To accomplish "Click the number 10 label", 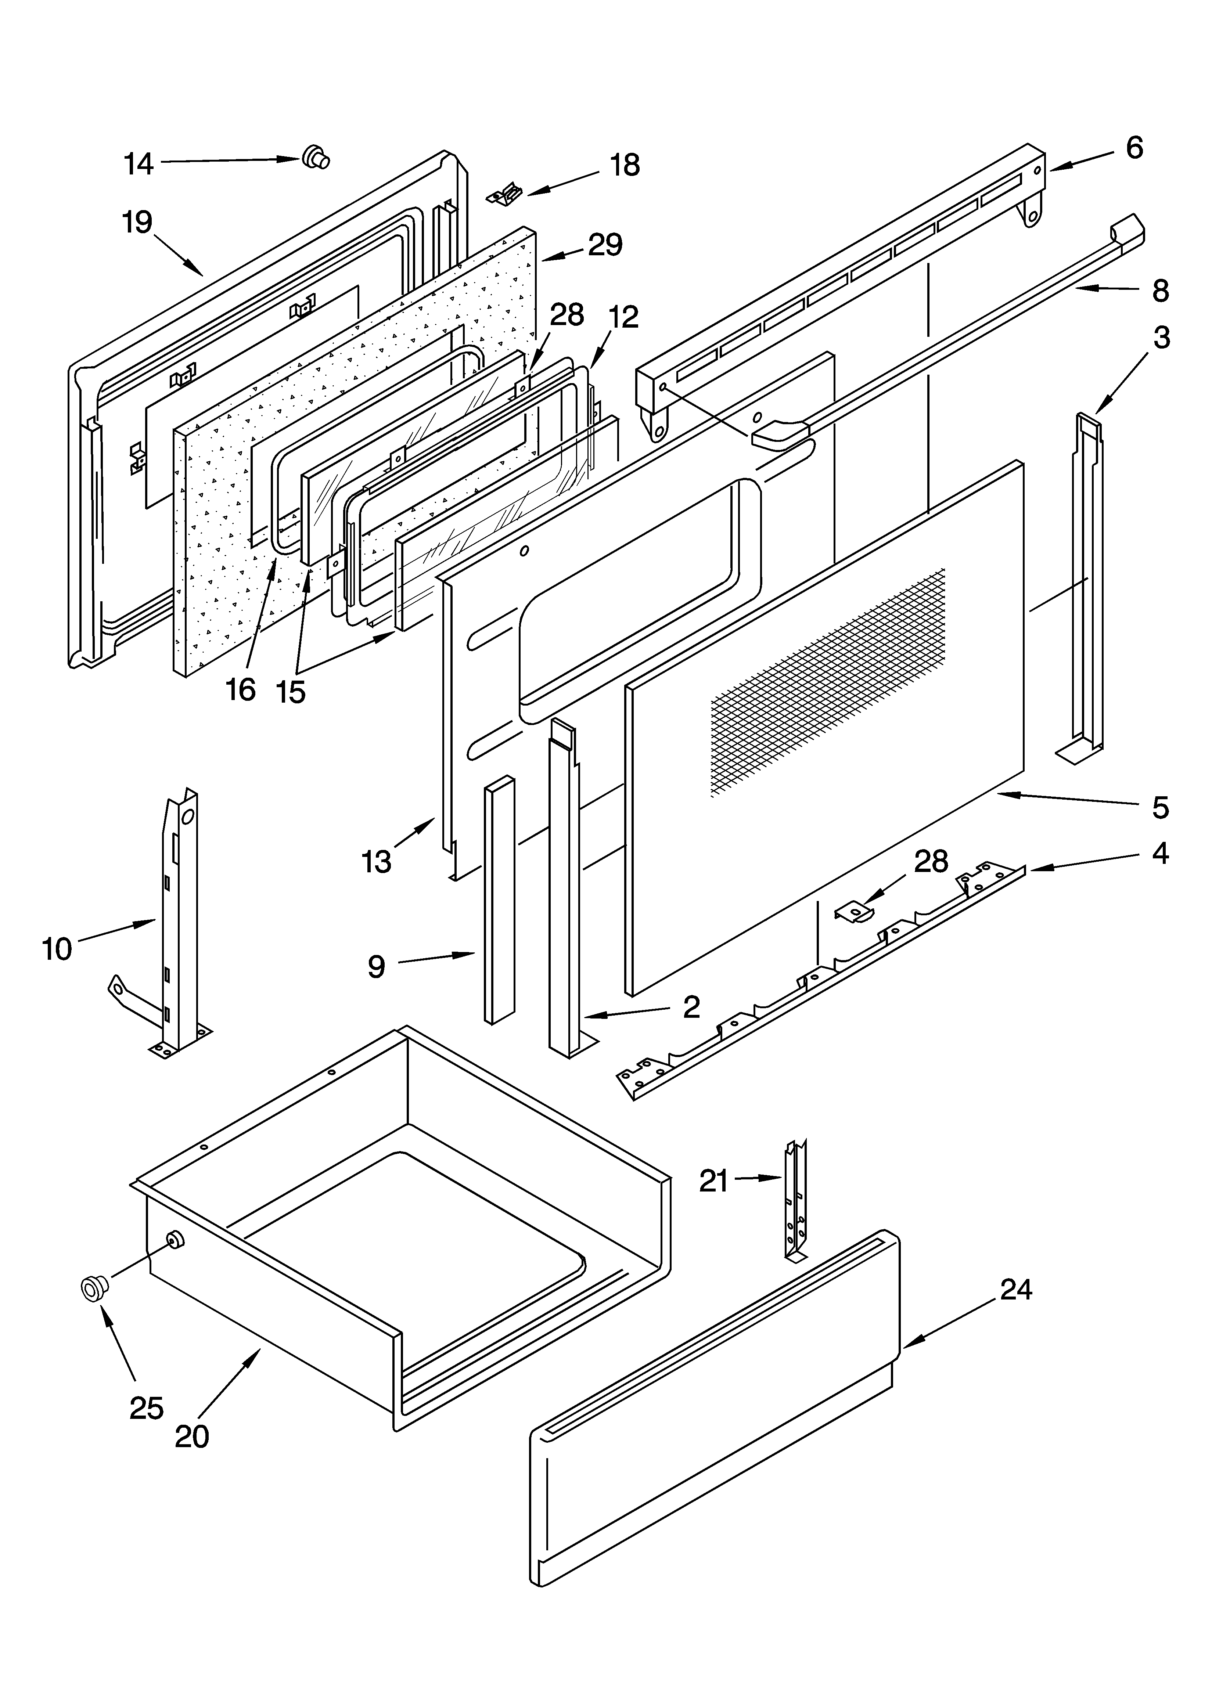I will pyautogui.click(x=57, y=949).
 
